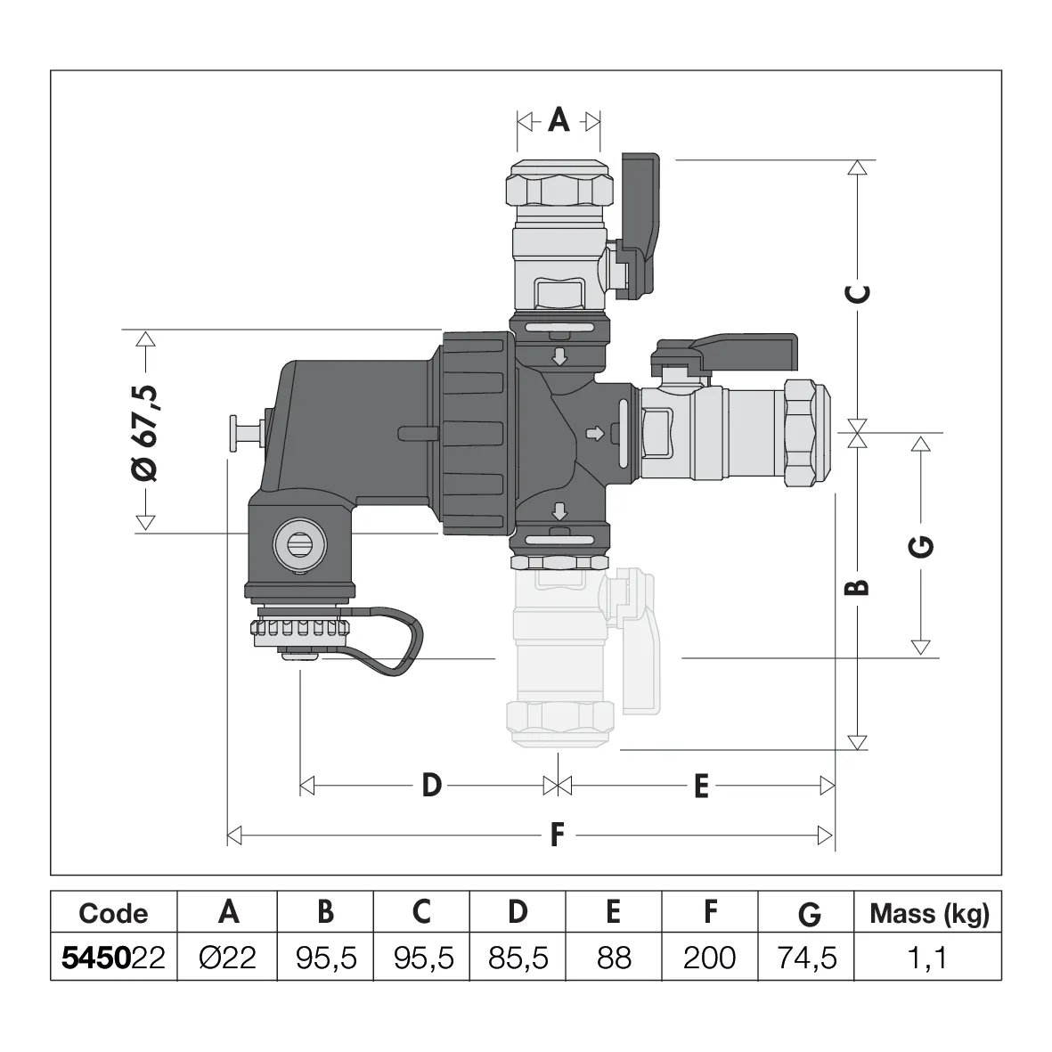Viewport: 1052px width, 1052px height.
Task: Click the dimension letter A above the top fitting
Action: [559, 121]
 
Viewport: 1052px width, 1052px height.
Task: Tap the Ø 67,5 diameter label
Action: [145, 434]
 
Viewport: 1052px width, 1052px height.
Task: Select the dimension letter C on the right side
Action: [858, 293]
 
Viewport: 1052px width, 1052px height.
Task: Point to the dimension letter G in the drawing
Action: [920, 546]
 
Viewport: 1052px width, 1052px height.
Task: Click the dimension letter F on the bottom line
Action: [557, 836]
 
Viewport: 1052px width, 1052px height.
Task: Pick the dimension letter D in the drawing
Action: [431, 785]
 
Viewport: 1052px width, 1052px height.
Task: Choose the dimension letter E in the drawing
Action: [701, 786]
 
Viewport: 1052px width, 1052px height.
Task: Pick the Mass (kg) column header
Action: [929, 914]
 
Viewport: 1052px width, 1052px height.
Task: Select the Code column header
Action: [113, 913]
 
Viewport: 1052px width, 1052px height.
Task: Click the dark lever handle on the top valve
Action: [638, 225]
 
